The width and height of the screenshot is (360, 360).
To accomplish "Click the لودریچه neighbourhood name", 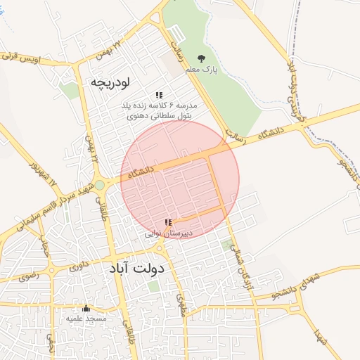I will pyautogui.click(x=111, y=82).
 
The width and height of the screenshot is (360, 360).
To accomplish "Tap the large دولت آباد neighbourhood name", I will pyautogui.click(x=136, y=269).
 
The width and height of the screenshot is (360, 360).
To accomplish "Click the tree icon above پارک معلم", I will pyautogui.click(x=202, y=58).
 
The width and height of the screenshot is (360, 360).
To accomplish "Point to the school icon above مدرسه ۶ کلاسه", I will pyautogui.click(x=159, y=95).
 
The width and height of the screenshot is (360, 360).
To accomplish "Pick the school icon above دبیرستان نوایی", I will pyautogui.click(x=167, y=222).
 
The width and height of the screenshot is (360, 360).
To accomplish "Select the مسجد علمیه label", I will pyautogui.click(x=86, y=319).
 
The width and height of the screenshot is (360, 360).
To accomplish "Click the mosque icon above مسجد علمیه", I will pyautogui.click(x=86, y=308).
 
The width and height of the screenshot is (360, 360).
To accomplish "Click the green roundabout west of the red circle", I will pyautogui.click(x=100, y=185).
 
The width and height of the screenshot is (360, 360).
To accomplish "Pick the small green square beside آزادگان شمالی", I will pyautogui.click(x=226, y=245).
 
